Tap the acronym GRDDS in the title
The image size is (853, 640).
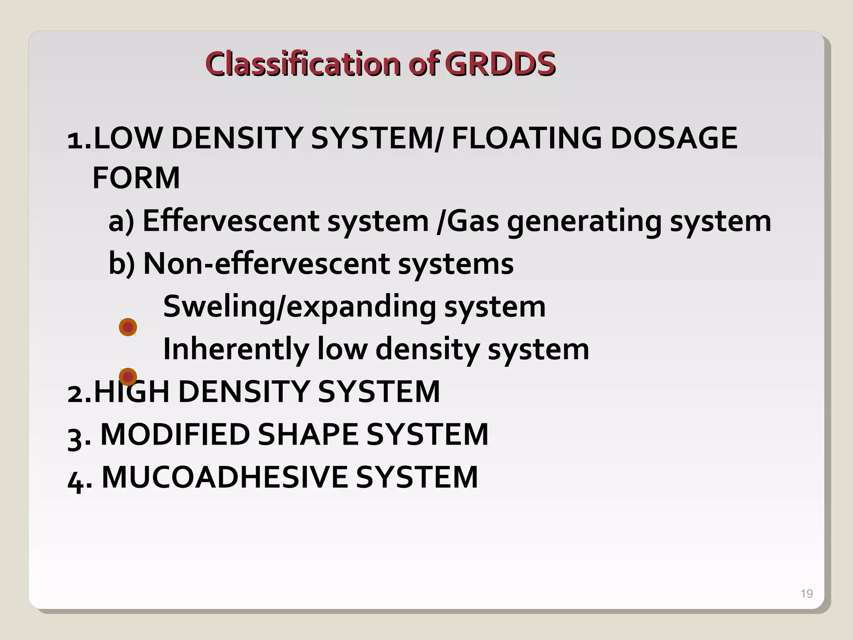pyautogui.click(x=500, y=64)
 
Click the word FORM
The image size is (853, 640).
pyautogui.click(x=136, y=178)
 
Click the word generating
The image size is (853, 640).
pyautogui.click(x=584, y=222)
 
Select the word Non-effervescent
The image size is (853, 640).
pyautogui.click(x=267, y=264)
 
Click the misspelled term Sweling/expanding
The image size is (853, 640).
pyautogui.click(x=300, y=307)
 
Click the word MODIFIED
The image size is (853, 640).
pyautogui.click(x=175, y=435)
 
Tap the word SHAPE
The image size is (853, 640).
pyautogui.click(x=308, y=435)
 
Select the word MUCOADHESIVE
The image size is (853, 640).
pyautogui.click(x=224, y=477)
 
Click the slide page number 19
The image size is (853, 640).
pyautogui.click(x=806, y=593)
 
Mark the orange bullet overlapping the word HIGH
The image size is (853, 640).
pyautogui.click(x=128, y=377)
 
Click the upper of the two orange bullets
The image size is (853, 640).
pyautogui.click(x=128, y=327)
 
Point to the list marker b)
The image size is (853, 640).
pyautogui.click(x=121, y=264)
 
